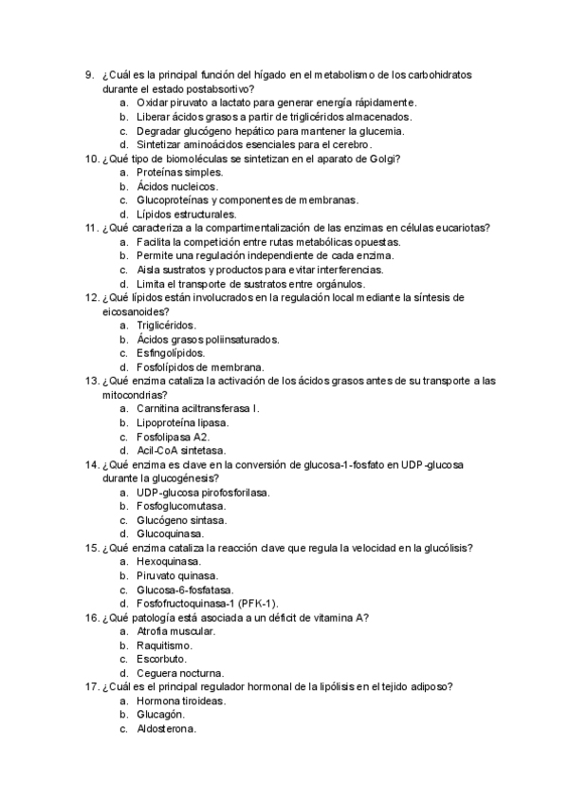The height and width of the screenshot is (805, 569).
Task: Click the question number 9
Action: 88,74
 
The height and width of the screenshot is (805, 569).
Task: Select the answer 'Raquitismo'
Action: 164,645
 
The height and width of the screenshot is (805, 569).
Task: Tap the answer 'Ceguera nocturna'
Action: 180,672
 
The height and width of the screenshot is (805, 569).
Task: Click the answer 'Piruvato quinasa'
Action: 177,575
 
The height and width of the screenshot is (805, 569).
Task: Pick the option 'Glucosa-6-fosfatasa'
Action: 186,590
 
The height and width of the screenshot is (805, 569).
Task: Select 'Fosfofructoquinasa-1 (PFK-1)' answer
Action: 207,603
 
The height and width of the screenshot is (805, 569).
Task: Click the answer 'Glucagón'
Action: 160,714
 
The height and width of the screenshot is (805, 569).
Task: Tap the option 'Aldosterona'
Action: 166,728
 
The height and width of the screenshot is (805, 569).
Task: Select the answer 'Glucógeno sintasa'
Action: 181,520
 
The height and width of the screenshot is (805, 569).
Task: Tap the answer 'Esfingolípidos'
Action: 170,352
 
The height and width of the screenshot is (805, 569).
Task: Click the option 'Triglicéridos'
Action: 166,325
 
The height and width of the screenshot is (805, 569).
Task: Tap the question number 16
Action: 92,617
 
